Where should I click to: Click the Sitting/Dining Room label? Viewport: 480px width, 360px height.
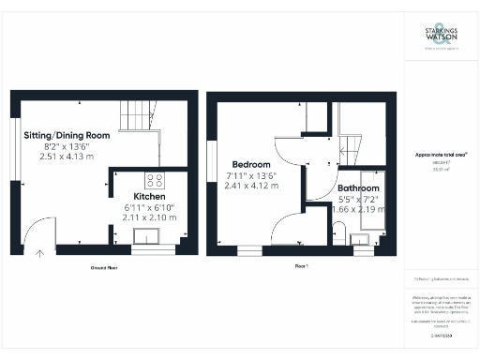click(x=67, y=135)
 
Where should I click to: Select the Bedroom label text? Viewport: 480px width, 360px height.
click(x=253, y=164)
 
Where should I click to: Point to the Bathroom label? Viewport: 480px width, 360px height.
click(x=359, y=187)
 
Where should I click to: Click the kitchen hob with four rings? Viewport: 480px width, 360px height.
click(x=156, y=181)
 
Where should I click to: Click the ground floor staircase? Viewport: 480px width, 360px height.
click(x=138, y=117)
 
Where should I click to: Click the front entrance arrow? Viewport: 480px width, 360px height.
click(x=40, y=251)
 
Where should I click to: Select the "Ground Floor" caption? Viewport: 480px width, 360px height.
click(x=103, y=267)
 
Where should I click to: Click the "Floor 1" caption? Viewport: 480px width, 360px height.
click(x=302, y=267)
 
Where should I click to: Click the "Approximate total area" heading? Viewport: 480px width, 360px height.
click(x=442, y=154)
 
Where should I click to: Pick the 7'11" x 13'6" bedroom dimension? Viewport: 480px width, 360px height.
click(x=253, y=175)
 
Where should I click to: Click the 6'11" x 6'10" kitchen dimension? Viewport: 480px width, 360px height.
click(x=149, y=208)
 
